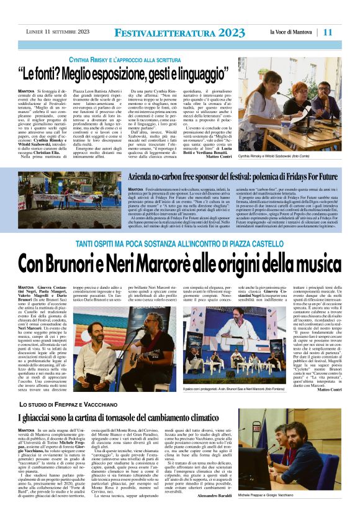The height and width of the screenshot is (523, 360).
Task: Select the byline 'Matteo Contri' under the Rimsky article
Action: pyautogui.click(x=218, y=156)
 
